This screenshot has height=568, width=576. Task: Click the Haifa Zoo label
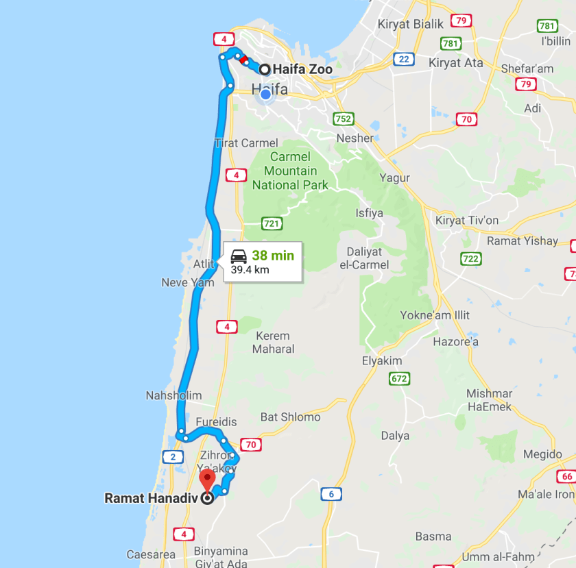pyautogui.click(x=302, y=69)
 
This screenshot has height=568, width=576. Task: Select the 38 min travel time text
pyautogui.click(x=272, y=256)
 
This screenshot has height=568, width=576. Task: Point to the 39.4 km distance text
pyautogui.click(x=250, y=269)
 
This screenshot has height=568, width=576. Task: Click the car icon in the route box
pyautogui.click(x=239, y=256)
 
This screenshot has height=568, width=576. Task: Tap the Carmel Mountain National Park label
pyautogui.click(x=290, y=171)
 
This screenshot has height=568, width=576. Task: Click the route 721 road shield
pyautogui.click(x=272, y=223)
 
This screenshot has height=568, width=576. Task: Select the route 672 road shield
pyautogui.click(x=398, y=378)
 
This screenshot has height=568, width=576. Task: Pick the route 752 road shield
pyautogui.click(x=344, y=119)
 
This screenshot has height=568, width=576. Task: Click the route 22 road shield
pyautogui.click(x=403, y=59)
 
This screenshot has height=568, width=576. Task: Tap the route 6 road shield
pyautogui.click(x=331, y=494)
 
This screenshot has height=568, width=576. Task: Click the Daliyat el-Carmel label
pyautogui.click(x=368, y=258)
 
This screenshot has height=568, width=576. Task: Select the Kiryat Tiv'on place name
pyautogui.click(x=467, y=220)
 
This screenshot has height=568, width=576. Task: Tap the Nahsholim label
pyautogui.click(x=173, y=395)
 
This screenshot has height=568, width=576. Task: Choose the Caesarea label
pyautogui.click(x=151, y=554)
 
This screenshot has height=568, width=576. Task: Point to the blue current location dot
pyautogui.click(x=266, y=95)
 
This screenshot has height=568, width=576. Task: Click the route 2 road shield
pyautogui.click(x=173, y=457)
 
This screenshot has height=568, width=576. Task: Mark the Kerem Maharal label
pyautogui.click(x=272, y=343)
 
